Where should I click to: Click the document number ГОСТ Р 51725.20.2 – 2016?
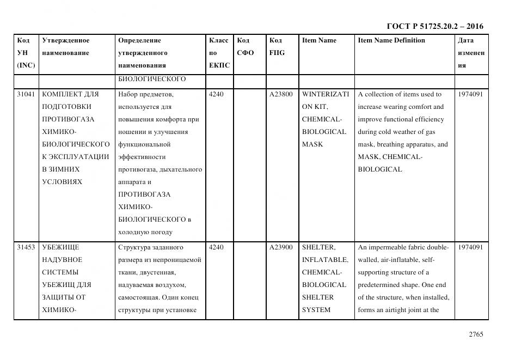tap(434, 26)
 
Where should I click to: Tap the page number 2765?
tap(476, 334)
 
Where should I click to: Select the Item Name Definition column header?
tap(391, 40)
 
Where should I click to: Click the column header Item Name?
tap(319, 40)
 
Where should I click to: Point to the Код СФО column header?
tap(246, 47)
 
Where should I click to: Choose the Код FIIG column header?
tap(277, 47)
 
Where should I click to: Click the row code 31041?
tap(26, 94)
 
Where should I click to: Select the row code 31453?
tap(26, 247)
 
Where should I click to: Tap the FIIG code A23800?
tap(281, 94)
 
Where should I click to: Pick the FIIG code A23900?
tap(281, 247)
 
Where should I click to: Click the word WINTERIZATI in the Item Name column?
tap(326, 94)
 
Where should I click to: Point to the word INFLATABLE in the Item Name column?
tap(325, 260)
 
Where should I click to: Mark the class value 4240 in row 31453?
tap(216, 247)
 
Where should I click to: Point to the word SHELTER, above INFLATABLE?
tap(318, 247)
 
